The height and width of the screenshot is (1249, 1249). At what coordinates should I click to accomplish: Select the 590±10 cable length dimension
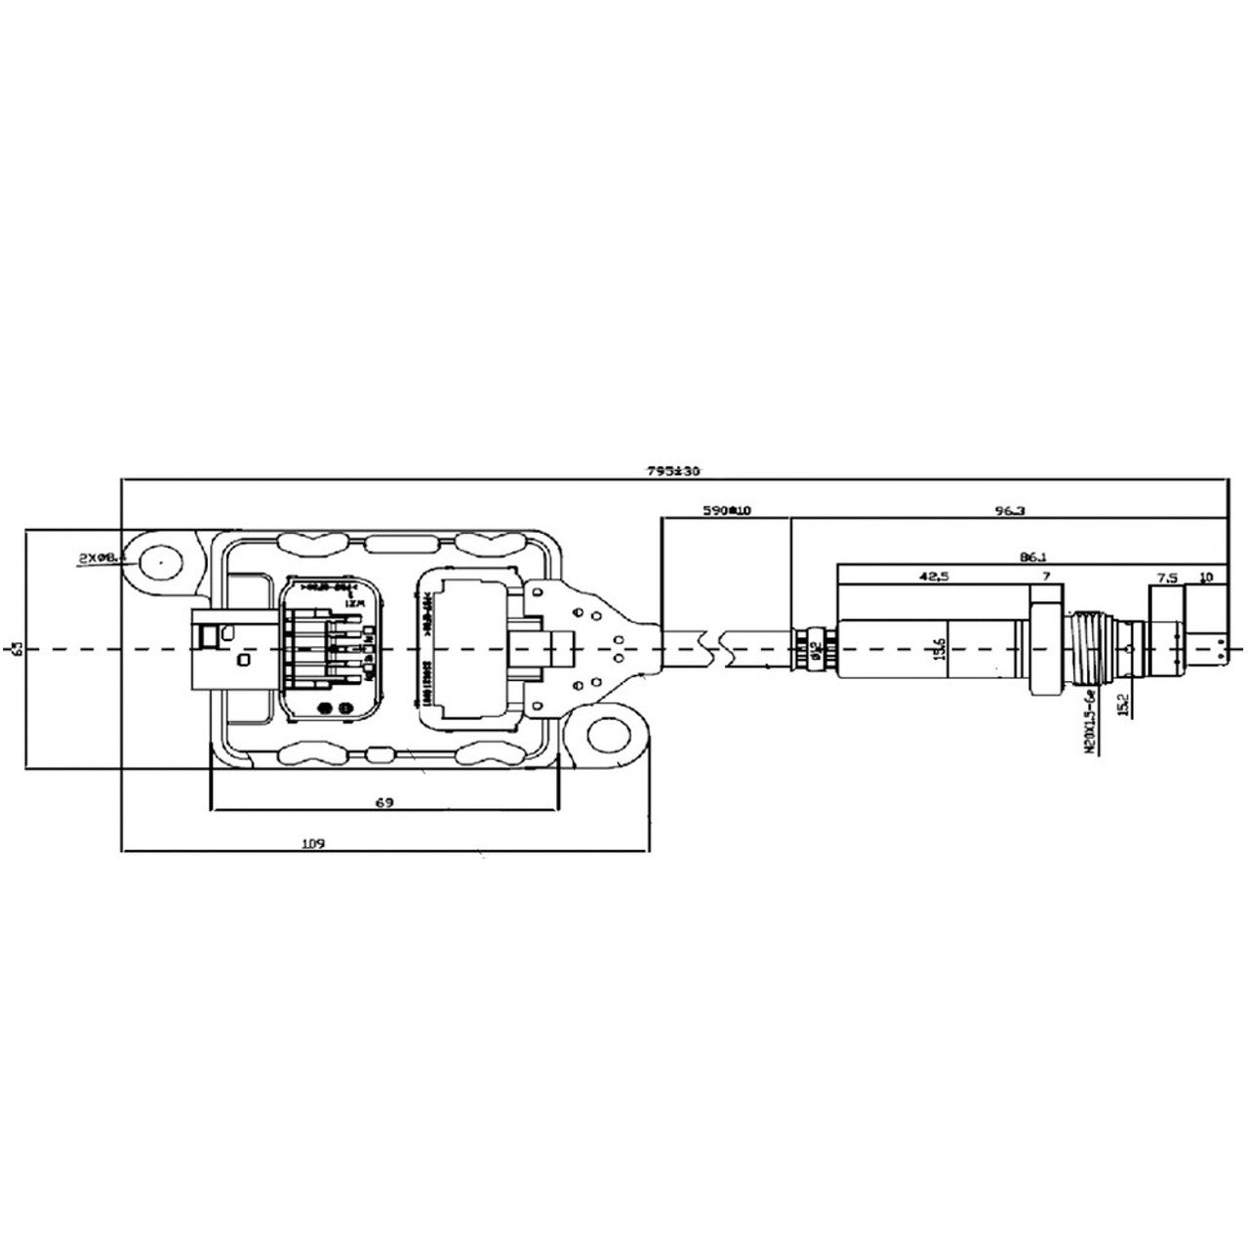coord(725,510)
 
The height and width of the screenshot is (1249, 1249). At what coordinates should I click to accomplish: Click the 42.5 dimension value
coord(934,577)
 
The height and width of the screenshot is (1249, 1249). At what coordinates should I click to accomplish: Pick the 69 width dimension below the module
coord(383,803)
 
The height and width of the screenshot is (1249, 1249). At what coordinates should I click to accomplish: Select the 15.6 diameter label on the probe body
coord(940,647)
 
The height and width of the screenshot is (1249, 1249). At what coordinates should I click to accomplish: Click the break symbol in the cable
coord(713,647)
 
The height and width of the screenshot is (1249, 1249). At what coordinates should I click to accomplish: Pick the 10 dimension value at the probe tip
coord(1205,578)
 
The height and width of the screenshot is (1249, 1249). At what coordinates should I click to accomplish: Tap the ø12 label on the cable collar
coord(809,649)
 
